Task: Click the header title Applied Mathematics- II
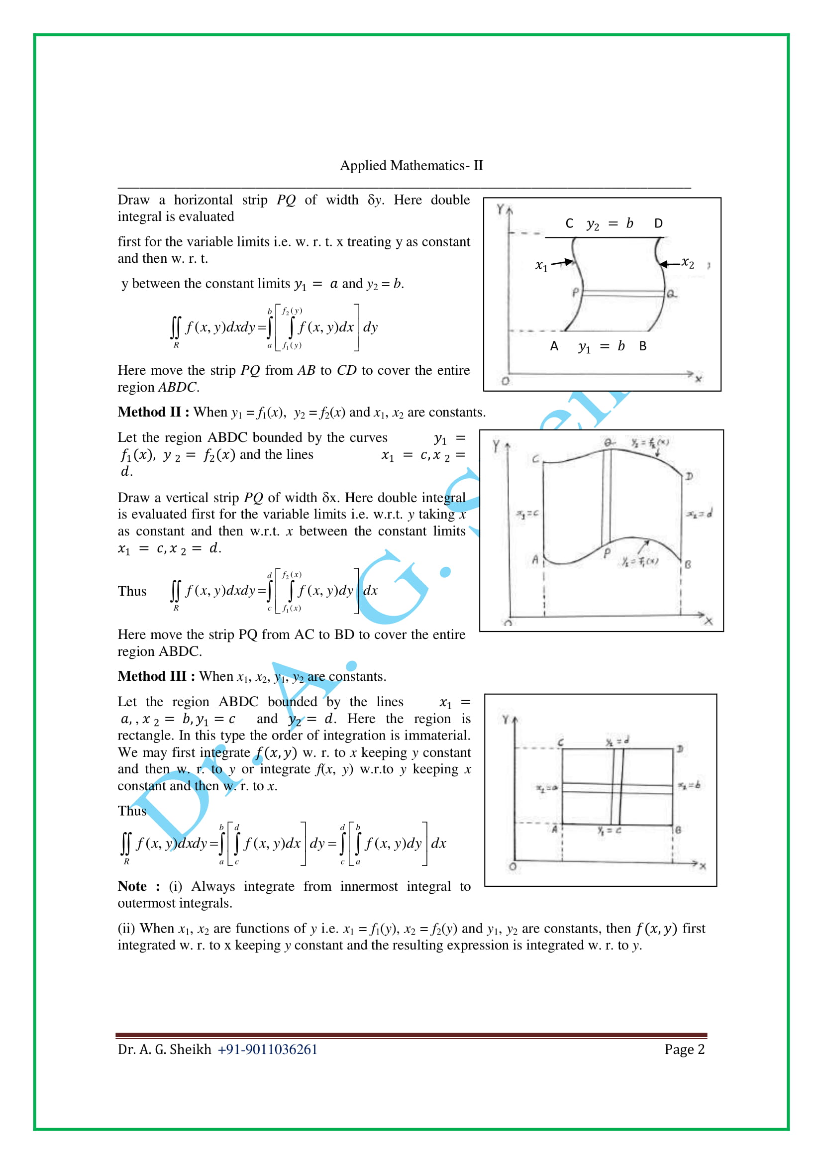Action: [411, 166]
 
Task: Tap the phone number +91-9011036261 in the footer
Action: [267, 1049]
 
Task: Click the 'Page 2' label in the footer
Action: [684, 1049]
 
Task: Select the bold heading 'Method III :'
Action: [156, 676]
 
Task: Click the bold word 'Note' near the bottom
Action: [132, 886]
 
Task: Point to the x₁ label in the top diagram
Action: [541, 265]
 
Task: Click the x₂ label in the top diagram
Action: [688, 263]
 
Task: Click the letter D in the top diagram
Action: [658, 223]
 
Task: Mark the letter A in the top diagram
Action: [554, 346]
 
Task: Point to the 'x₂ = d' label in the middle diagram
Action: [699, 514]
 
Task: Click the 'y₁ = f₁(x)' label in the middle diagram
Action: [640, 561]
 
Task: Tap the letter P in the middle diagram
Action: [607, 552]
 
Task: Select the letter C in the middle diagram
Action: [536, 459]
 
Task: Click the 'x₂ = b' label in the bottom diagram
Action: [689, 785]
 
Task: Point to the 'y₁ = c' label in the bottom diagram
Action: [609, 831]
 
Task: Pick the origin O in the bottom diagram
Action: [513, 866]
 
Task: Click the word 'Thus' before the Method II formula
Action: [132, 591]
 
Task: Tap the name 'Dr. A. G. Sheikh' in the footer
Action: [164, 1049]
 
